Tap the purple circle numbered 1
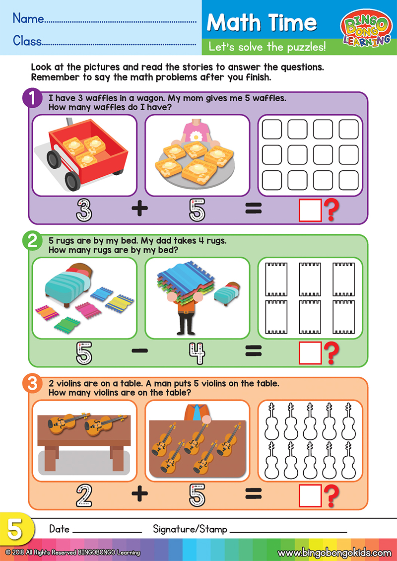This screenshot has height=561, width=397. click(x=32, y=98)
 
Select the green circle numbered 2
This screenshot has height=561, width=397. click(x=32, y=241)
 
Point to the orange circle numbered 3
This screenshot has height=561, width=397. click(x=32, y=384)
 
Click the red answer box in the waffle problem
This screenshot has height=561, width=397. click(x=310, y=210)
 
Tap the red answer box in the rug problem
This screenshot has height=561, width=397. click(x=310, y=353)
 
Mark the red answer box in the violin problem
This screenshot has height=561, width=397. click(x=310, y=495)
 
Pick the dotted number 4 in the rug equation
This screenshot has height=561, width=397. click(x=197, y=353)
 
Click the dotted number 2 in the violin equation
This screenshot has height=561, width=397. click(x=84, y=495)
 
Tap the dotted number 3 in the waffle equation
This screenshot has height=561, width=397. click(x=84, y=210)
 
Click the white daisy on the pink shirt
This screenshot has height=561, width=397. click(x=196, y=137)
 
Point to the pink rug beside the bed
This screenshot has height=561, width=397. click(x=88, y=309)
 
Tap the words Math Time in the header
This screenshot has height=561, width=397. click(x=262, y=22)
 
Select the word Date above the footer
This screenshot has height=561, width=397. click(x=60, y=529)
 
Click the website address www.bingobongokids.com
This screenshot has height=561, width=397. click(x=334, y=553)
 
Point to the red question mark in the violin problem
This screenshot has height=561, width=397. click(x=331, y=496)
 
